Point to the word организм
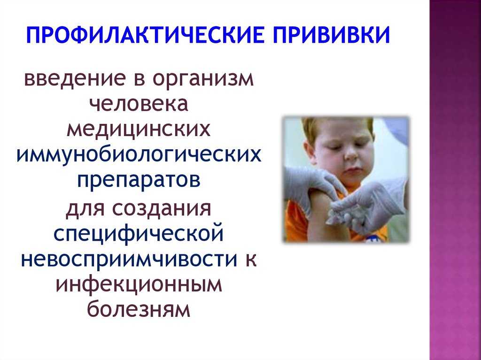point(203,80)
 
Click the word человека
point(139,103)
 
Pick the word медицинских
point(139,130)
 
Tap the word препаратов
point(139,181)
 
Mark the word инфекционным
point(139,284)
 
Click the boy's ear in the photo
point(308,151)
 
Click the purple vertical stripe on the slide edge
point(455,180)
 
